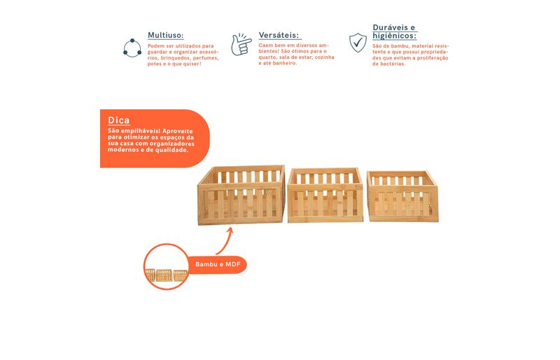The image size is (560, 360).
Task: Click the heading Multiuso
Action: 165,36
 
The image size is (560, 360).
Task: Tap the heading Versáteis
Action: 279,36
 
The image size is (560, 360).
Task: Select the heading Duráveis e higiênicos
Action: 394,32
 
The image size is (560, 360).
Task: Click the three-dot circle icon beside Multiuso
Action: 132,48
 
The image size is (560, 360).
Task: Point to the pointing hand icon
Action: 241,44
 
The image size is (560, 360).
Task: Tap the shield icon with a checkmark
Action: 358,43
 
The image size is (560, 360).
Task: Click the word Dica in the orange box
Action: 118,120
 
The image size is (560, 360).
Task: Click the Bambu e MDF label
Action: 218,265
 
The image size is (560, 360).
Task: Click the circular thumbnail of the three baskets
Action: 166,267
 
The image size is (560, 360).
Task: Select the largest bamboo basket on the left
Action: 241,195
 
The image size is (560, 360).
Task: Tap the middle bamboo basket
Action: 325,195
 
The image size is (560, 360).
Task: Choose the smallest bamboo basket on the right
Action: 403,196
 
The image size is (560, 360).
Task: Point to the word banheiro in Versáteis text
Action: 284,63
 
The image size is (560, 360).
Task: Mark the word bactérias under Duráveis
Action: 393,64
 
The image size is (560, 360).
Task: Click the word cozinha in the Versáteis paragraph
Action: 324,57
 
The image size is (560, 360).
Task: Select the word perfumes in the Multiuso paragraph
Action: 206,58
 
